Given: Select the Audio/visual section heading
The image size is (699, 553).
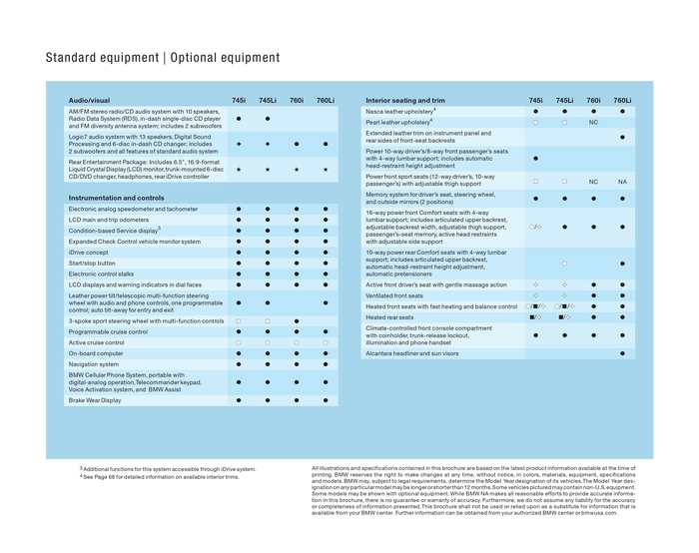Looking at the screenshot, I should [x=90, y=101].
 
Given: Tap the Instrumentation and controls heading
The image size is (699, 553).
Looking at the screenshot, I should [x=116, y=198].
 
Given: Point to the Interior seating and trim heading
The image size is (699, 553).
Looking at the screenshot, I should [x=405, y=101].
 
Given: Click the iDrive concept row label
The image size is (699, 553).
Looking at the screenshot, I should [x=91, y=252].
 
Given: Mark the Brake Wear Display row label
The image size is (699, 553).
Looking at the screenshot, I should [x=95, y=399].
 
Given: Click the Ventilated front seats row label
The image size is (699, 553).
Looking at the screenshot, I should [x=394, y=295].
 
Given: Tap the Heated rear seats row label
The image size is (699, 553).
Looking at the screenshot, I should [x=388, y=317].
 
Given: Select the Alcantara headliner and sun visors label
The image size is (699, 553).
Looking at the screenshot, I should [x=412, y=353].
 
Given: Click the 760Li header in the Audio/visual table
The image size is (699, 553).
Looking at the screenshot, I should [x=326, y=101].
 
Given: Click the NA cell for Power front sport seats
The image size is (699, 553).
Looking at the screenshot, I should [x=622, y=182].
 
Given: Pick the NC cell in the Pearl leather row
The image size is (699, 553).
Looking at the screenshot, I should [x=593, y=122].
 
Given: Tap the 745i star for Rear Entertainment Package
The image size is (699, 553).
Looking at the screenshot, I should [x=239, y=170].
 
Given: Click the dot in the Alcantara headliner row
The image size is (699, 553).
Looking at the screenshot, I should [x=622, y=353].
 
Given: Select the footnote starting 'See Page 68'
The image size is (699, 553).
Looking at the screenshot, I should [x=167, y=476].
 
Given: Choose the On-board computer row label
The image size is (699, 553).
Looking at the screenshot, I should [x=96, y=353].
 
